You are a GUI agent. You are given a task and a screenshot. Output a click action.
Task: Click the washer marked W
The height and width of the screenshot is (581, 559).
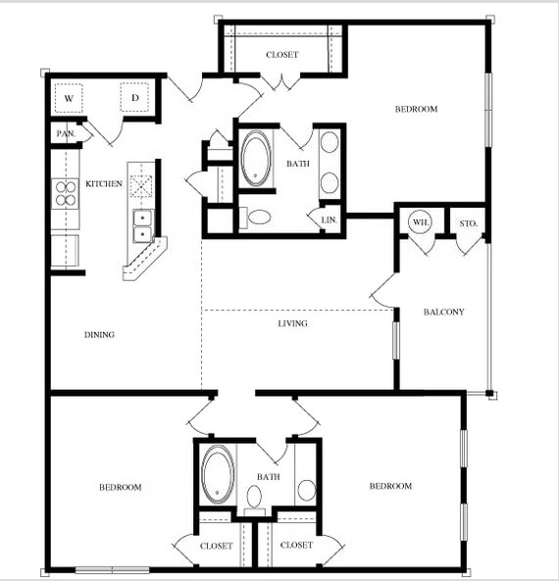[69, 98]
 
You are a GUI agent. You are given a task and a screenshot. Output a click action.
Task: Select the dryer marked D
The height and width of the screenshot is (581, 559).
[134, 97]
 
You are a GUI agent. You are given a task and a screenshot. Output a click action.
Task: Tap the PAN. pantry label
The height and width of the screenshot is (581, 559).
[66, 133]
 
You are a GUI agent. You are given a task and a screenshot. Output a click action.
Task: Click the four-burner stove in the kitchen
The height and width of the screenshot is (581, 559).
[66, 194]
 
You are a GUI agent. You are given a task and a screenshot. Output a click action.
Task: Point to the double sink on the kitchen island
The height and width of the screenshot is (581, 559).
[143, 226]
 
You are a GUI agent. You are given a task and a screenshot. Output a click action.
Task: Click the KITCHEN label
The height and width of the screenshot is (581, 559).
[104, 184]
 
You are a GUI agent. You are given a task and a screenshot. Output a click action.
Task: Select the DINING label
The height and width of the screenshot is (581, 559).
[99, 335]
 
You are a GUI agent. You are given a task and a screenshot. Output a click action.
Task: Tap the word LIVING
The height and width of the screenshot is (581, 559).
[292, 324]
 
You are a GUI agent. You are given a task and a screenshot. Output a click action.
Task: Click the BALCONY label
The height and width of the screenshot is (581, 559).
[443, 312]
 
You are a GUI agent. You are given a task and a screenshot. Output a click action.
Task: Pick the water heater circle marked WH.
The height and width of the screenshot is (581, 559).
[421, 222]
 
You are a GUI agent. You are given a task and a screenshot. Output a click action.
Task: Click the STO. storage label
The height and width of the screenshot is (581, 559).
[468, 223]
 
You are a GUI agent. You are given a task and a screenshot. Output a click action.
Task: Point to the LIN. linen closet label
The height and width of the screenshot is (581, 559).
[329, 220]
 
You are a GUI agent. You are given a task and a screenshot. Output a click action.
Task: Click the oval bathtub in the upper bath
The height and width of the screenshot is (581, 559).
[256, 159]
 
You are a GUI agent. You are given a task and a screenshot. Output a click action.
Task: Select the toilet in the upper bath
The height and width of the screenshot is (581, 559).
[256, 218]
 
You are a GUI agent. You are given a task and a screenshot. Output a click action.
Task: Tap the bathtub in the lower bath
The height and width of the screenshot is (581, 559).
[218, 474]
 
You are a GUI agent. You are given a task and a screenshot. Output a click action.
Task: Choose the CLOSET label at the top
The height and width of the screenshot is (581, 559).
[281, 55]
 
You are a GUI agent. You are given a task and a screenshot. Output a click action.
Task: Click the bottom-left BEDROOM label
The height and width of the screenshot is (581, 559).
[121, 487]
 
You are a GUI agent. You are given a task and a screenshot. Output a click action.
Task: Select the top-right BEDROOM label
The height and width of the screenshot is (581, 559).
[416, 110]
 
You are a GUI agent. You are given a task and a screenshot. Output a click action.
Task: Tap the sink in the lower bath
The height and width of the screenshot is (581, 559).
[306, 490]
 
